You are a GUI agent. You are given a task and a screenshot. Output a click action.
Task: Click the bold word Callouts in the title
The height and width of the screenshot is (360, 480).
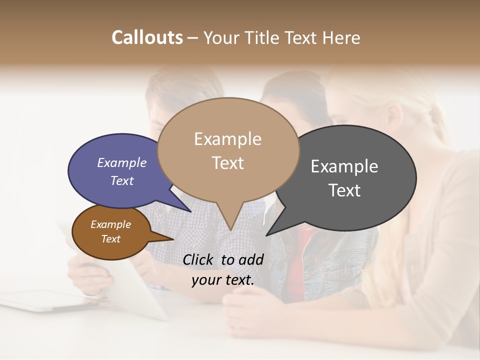point(147,37)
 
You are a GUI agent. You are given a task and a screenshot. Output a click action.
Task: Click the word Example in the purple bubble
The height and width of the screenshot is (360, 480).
point(121,162)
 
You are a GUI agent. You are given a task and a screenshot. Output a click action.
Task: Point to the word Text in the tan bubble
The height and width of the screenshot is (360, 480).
point(228,163)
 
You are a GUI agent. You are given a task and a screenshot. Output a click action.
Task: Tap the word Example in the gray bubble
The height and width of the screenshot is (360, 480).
point(344,166)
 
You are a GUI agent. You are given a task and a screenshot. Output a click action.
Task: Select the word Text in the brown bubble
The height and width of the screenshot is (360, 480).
point(111,239)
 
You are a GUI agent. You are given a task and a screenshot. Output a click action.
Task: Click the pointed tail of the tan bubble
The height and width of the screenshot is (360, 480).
point(230,227)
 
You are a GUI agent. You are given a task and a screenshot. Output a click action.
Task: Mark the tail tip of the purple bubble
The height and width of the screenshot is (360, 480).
point(190,211)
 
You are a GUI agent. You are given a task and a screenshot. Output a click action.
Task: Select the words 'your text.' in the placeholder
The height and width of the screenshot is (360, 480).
point(223,280)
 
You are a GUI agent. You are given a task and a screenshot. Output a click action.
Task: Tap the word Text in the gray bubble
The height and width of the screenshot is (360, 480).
point(344,190)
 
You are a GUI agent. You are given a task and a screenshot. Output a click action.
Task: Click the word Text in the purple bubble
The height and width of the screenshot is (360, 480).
point(121,180)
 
